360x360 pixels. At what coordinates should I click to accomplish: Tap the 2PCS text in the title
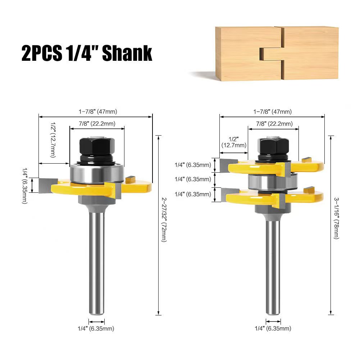42,53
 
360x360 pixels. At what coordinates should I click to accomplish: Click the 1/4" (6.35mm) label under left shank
96,328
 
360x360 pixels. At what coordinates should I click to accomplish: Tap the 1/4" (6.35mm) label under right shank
273,328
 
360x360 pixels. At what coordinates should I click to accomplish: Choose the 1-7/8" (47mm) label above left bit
98,111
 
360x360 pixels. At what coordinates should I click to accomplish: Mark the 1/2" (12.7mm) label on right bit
234,142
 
